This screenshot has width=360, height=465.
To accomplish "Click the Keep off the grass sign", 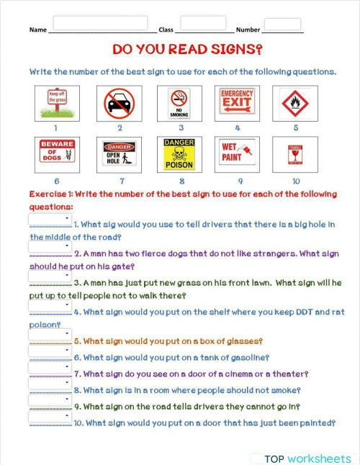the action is pos(57,103).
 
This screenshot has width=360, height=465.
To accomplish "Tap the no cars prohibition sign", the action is pos(120,103).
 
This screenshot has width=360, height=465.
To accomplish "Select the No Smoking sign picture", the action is pos(179,103).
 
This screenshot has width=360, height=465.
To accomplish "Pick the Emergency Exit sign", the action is pos(237,103).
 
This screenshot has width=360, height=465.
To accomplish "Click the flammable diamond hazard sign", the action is pos(294,103).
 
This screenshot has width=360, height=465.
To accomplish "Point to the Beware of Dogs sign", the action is pos(57,154).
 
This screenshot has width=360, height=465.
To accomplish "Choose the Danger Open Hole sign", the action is pos(120,154).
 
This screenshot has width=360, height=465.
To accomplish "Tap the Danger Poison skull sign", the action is pos(179,154).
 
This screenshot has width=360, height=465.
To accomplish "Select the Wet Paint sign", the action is pos(237,154).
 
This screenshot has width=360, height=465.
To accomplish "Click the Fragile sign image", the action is pos(294,154).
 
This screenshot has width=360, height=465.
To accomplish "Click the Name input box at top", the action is pos(100,23).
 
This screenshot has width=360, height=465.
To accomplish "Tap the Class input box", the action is pos(203,23).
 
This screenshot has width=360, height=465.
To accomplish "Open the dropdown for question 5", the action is pos(49,335).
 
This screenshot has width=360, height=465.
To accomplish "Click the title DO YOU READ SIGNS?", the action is pos(187,50).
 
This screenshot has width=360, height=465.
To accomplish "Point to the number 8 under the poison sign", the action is pos(181,181).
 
